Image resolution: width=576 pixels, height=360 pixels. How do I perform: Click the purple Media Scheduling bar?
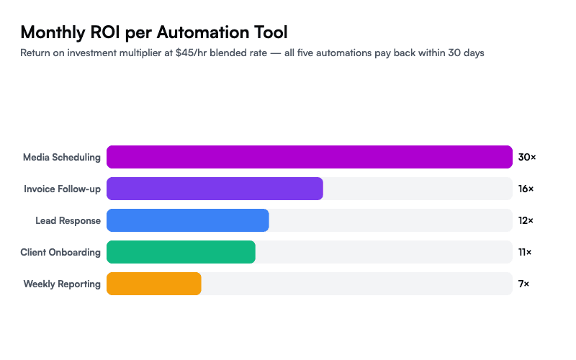[x=310, y=157]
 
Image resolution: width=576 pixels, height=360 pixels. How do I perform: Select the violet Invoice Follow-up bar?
[x=215, y=189]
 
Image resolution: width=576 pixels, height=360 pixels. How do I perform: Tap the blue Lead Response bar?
[x=188, y=220]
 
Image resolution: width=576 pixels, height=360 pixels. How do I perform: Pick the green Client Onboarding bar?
[x=181, y=252]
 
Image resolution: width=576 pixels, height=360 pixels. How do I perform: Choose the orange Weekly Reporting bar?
[x=154, y=284]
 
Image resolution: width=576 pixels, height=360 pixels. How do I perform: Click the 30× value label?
[x=527, y=157]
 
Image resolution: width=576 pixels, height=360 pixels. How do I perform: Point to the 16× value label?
[x=526, y=189]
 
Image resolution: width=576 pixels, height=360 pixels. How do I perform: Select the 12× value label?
[x=526, y=220]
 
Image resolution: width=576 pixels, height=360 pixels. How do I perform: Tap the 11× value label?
[x=526, y=252]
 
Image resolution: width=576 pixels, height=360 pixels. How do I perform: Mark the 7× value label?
[x=524, y=284]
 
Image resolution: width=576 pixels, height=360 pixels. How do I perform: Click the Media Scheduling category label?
[x=62, y=157]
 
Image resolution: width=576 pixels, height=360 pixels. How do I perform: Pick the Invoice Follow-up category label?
[x=62, y=189]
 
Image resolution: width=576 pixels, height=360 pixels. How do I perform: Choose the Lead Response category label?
[x=68, y=220]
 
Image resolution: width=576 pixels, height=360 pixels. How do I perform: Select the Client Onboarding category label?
[x=60, y=252]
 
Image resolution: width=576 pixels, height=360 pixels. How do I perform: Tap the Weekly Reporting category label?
[x=62, y=284]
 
